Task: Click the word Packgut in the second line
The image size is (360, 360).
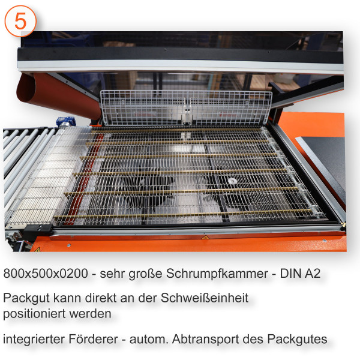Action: pos(25,298)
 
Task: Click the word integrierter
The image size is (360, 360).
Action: pos(32,339)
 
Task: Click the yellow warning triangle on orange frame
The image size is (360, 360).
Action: pos(206,238)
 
